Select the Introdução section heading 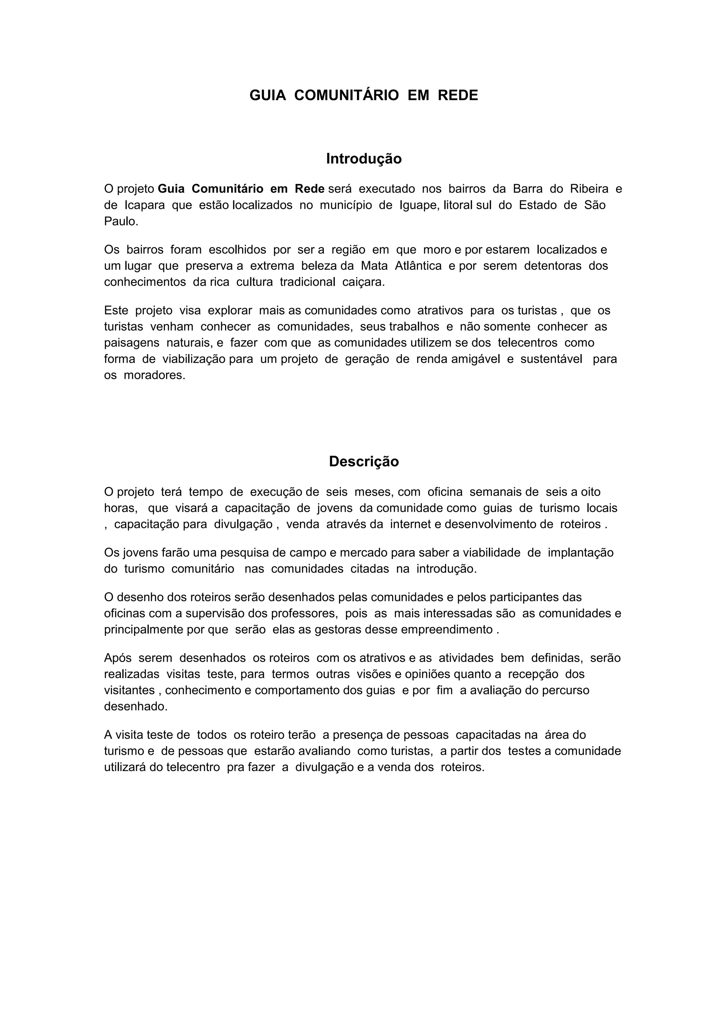point(364,159)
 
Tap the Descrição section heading point(364,462)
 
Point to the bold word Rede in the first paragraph point(309,189)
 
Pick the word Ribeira point(589,189)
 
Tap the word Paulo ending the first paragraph point(120,221)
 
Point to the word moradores point(154,375)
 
